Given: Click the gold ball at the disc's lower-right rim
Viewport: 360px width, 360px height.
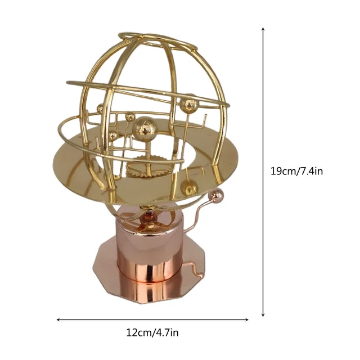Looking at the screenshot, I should tap(190, 188).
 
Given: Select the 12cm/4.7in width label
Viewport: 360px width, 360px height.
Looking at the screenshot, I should tap(152, 332).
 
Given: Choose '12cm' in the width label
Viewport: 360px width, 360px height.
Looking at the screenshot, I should tap(137, 332).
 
